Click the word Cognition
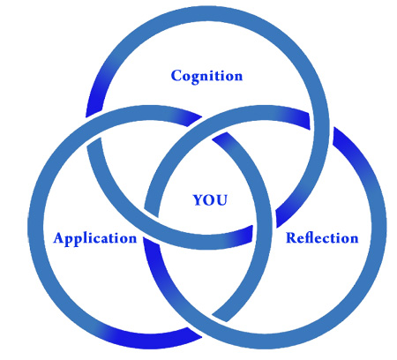[x=207, y=77]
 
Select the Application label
[x=95, y=238]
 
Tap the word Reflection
[x=322, y=237]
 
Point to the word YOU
[x=210, y=200]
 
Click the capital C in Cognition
[x=176, y=76]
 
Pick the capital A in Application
[x=59, y=237]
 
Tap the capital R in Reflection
[x=291, y=238]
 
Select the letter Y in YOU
[x=198, y=200]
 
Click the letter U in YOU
[x=222, y=200]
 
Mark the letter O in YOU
[x=210, y=200]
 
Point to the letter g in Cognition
[x=196, y=79]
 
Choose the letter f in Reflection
[x=308, y=237]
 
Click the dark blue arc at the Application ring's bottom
[x=147, y=341]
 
